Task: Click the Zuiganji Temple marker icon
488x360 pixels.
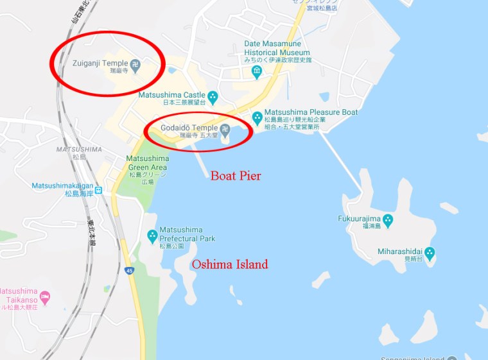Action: (x=135, y=64)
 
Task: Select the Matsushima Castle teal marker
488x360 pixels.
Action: (x=213, y=96)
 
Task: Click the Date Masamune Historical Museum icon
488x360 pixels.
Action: (x=257, y=71)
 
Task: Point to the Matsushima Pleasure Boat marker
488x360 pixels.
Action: (x=257, y=117)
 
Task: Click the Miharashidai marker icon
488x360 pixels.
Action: (x=430, y=253)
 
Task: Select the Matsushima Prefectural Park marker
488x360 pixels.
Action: (x=152, y=236)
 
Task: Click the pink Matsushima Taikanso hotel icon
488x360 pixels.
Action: (x=44, y=297)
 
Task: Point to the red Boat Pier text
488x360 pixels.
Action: (x=236, y=176)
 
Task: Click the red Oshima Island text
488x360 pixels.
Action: (x=230, y=264)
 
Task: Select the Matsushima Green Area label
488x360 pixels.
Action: (x=147, y=163)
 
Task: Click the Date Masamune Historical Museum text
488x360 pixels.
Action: (x=277, y=48)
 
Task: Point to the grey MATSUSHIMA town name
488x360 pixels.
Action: (x=79, y=149)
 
